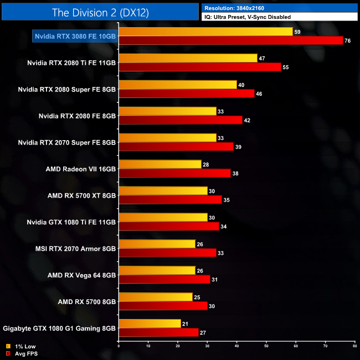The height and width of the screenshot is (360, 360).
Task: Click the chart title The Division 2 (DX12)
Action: [x=99, y=12]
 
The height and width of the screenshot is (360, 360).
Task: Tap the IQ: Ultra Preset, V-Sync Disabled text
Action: [x=247, y=17]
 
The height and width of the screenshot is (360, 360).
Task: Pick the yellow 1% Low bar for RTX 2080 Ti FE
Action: [x=188, y=58]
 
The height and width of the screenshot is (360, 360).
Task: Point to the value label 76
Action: [x=347, y=40]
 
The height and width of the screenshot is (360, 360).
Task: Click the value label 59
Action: [x=297, y=32]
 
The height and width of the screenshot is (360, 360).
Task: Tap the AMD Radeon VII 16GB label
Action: [x=81, y=169]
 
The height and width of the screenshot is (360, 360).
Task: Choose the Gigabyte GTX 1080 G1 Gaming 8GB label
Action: [x=59, y=328]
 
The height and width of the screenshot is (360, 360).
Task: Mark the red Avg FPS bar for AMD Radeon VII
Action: [x=174, y=173]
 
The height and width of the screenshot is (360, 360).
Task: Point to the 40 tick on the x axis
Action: [x=236, y=346]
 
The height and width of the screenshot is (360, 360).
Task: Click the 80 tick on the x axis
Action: [x=354, y=346]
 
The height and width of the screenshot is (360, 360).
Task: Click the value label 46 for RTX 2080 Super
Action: [x=259, y=94]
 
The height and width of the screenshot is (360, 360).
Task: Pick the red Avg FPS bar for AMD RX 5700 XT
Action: [x=170, y=200]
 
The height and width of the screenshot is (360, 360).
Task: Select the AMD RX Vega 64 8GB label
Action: [x=81, y=275]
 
